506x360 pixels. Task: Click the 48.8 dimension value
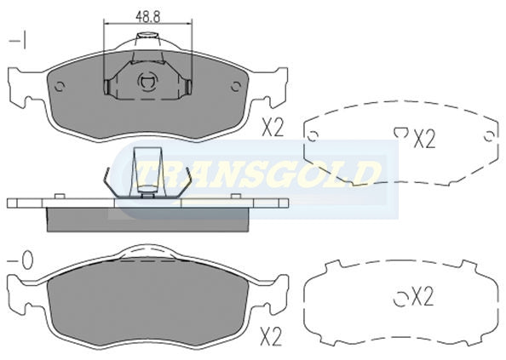[147, 16]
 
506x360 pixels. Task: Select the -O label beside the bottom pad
[20, 260]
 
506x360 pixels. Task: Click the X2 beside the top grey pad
[272, 127]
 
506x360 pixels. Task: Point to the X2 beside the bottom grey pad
[271, 336]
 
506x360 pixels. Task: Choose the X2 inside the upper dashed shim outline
[424, 139]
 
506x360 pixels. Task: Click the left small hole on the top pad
[60, 86]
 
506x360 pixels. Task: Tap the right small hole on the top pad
[236, 86]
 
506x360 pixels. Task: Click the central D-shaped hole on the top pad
[147, 82]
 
